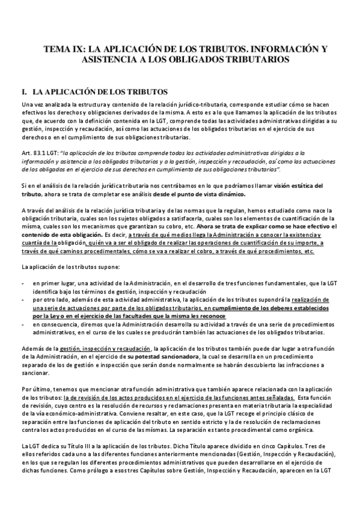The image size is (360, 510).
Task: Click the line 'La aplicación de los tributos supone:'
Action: (x=70, y=266)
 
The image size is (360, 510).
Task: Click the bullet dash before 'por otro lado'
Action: (x=23, y=298)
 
